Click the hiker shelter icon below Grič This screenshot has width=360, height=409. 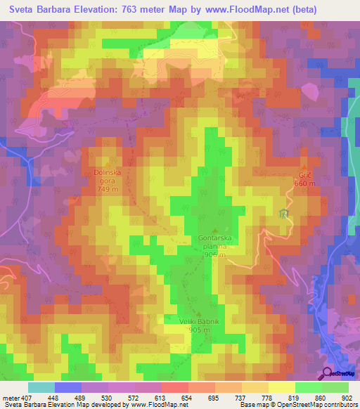pos(284,214)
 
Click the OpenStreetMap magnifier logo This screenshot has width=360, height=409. pos(328,372)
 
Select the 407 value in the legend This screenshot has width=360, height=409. pos(27,397)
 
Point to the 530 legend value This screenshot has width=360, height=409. pos(108,397)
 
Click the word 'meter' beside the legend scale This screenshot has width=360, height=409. pos(10,397)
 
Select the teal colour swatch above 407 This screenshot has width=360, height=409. pos(41,387)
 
